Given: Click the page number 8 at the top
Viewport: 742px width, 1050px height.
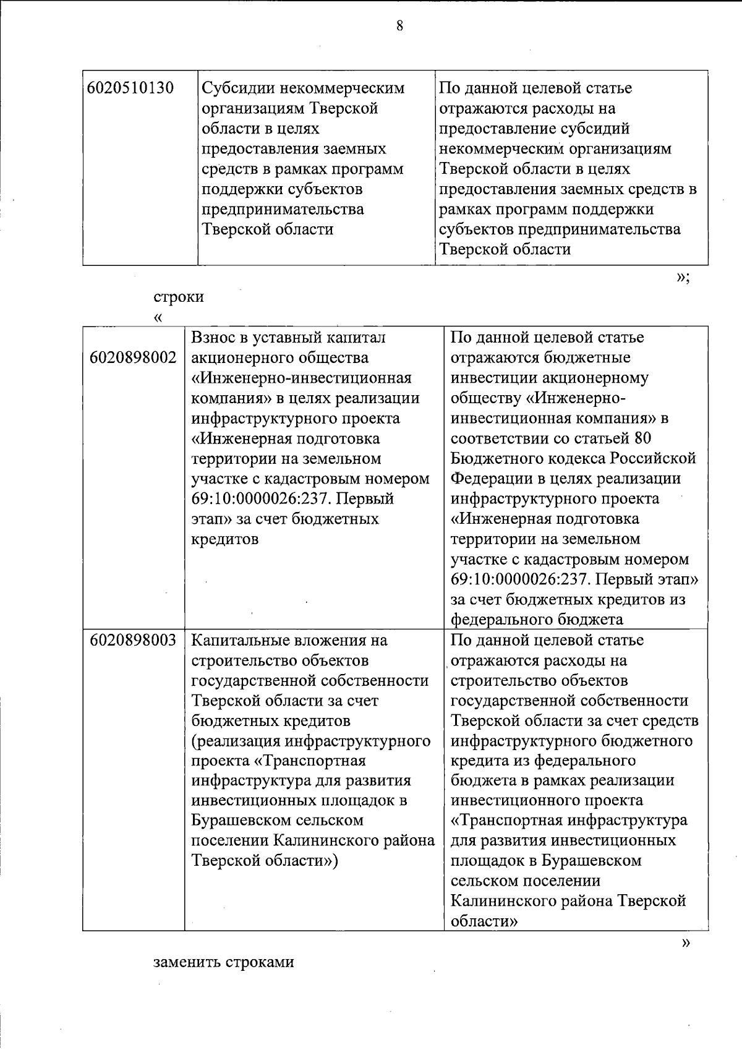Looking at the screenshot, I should click(x=400, y=25).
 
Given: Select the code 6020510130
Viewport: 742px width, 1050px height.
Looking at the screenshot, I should click(x=130, y=88).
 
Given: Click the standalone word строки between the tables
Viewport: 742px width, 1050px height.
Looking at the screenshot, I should click(x=179, y=297).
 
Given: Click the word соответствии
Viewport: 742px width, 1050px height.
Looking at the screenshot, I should click(x=502, y=438).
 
